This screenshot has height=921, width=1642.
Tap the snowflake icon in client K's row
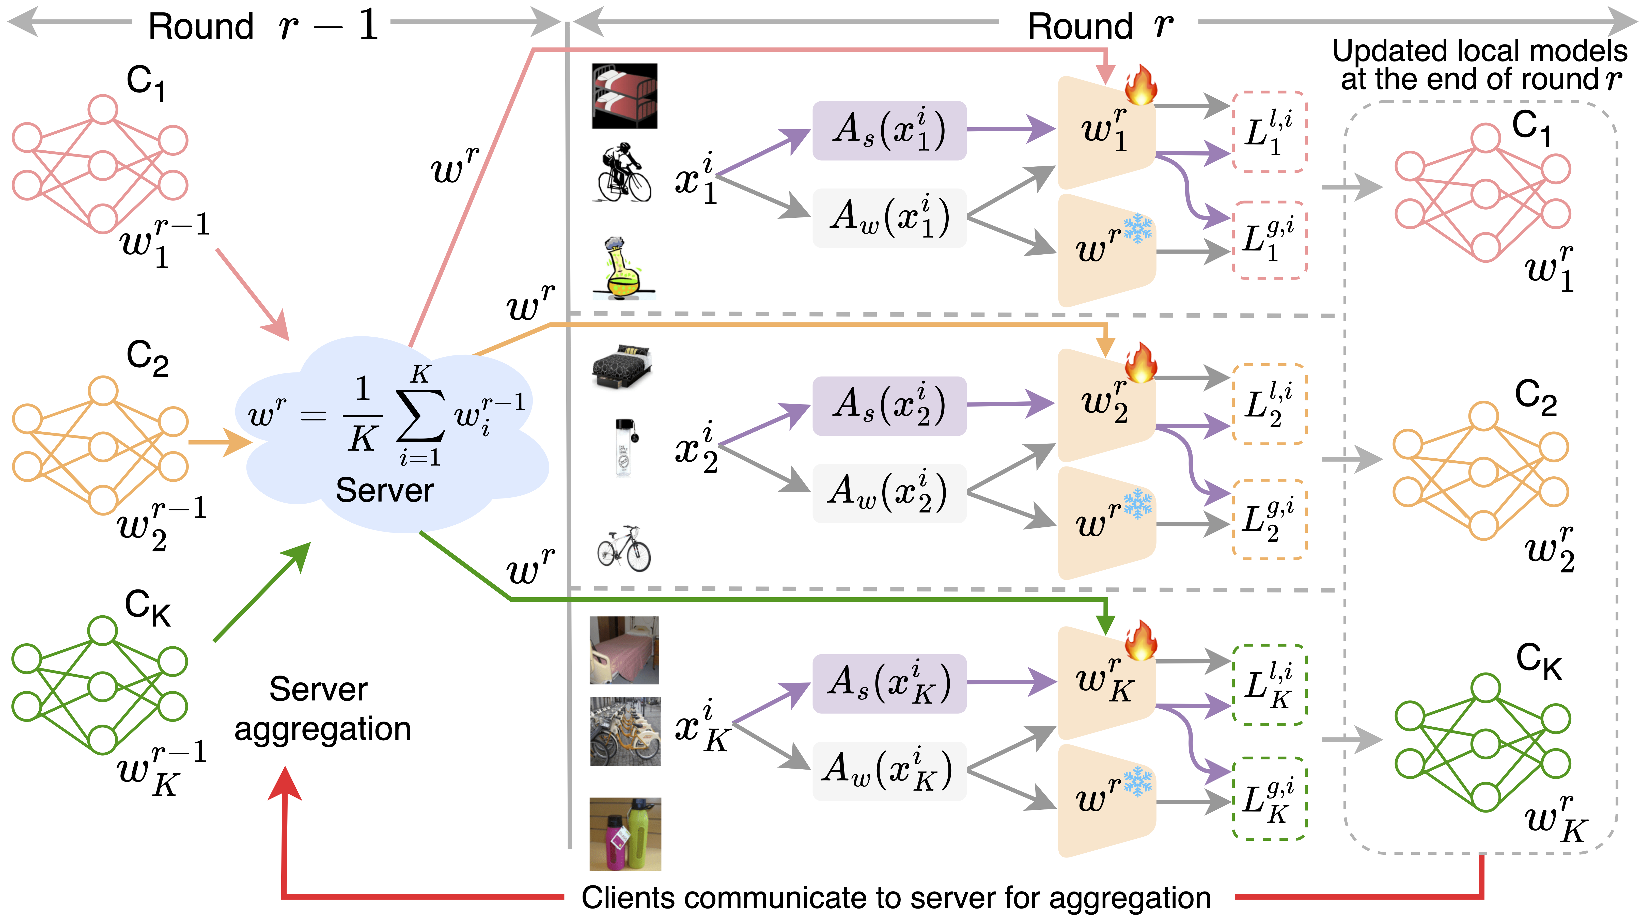(1138, 782)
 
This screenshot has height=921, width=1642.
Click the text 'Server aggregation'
(322, 709)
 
